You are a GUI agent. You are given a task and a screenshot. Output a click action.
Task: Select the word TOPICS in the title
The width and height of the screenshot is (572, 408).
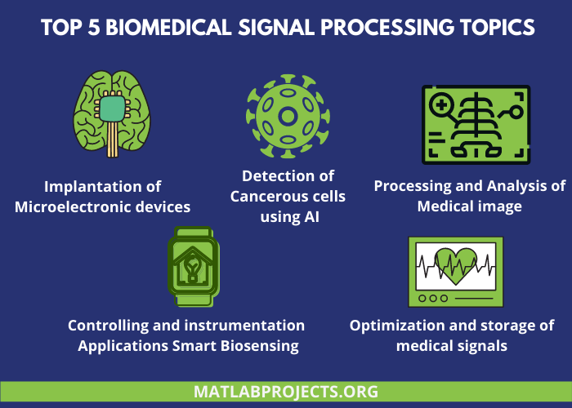pyautogui.click(x=487, y=29)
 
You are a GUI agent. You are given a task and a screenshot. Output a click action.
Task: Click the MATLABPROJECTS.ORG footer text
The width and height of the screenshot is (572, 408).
pyautogui.click(x=286, y=392)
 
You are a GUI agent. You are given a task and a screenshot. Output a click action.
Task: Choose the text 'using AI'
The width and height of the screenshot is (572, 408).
pyautogui.click(x=288, y=216)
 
